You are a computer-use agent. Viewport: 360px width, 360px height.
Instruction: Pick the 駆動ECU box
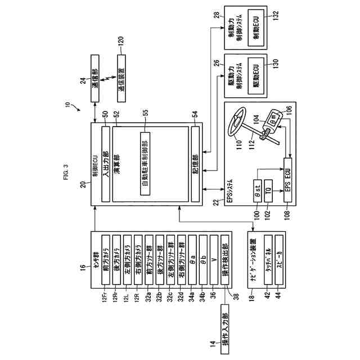(255, 76)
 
